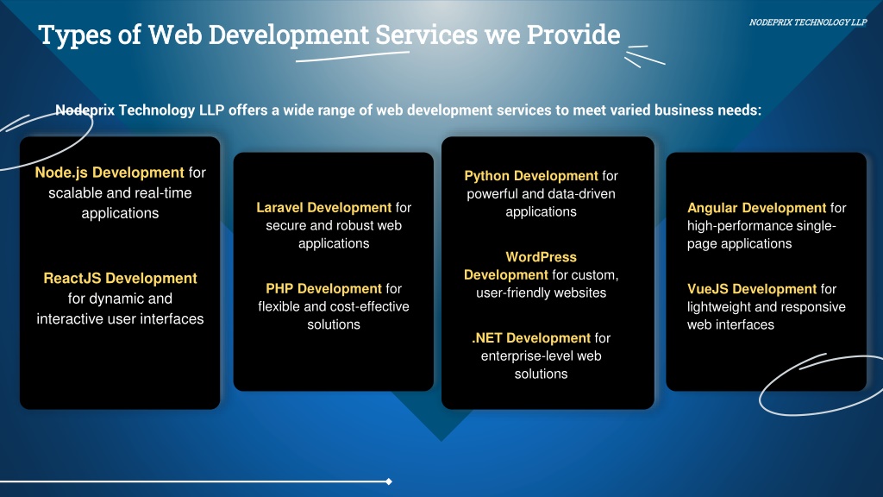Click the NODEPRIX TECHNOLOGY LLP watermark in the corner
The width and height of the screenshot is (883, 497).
coord(807,22)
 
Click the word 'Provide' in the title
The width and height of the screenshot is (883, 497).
coord(573,35)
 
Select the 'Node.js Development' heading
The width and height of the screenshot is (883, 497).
coord(110,173)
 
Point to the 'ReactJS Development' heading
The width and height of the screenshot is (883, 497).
coord(120,279)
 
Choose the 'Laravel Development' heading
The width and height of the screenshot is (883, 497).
coord(324,208)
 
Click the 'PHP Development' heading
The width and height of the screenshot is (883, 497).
coord(324,289)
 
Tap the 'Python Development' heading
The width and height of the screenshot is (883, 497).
coord(531,176)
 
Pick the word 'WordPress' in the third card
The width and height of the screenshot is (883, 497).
coord(542,257)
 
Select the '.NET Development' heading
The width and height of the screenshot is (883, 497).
coord(531,338)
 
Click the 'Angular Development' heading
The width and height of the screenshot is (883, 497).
coord(757,208)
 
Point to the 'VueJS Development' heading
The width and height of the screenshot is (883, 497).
coord(752,289)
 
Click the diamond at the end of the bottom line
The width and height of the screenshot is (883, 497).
coord(389,481)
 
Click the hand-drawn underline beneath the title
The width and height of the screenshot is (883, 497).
coord(353,56)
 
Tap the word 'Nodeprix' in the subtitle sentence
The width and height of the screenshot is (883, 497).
coord(85,110)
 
